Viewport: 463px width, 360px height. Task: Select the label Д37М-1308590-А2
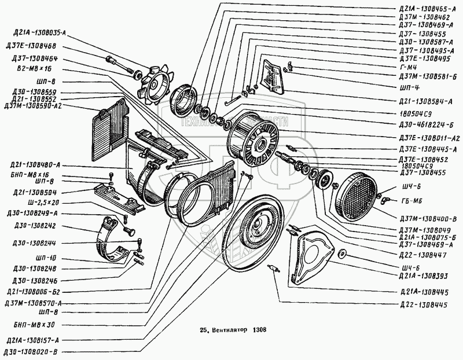[x=33, y=106]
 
